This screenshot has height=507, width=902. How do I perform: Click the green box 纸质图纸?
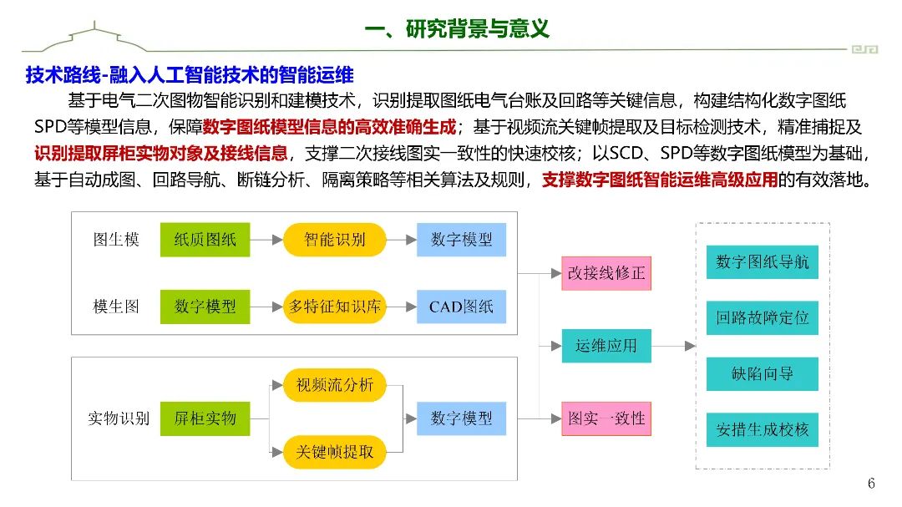point(205,240)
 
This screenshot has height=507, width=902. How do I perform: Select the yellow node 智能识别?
point(334,240)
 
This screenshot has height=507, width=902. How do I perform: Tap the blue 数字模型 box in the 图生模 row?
point(462,240)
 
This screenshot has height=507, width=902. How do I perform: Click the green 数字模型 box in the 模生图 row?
point(205,306)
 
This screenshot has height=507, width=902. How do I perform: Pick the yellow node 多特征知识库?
point(334,306)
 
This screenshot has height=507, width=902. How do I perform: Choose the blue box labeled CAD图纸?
point(462,306)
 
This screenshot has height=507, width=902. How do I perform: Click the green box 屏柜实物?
point(205,418)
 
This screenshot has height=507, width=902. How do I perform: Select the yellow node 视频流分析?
point(334,385)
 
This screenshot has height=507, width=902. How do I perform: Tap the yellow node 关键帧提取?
point(334,452)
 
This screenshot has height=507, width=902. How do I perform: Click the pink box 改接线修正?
point(606,273)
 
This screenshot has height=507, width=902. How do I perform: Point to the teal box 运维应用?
point(606,345)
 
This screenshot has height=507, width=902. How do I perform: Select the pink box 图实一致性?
point(606,418)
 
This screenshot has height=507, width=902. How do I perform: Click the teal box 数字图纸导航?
point(762,261)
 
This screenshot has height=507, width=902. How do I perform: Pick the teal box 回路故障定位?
point(762,317)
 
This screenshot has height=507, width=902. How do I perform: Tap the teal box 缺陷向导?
point(762,373)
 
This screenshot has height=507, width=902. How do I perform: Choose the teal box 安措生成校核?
point(762,429)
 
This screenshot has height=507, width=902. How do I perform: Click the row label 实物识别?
point(119,418)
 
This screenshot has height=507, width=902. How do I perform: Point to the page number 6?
point(871,484)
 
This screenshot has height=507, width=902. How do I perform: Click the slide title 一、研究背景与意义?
point(458,28)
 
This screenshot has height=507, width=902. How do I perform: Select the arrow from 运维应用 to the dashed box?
point(673,345)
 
